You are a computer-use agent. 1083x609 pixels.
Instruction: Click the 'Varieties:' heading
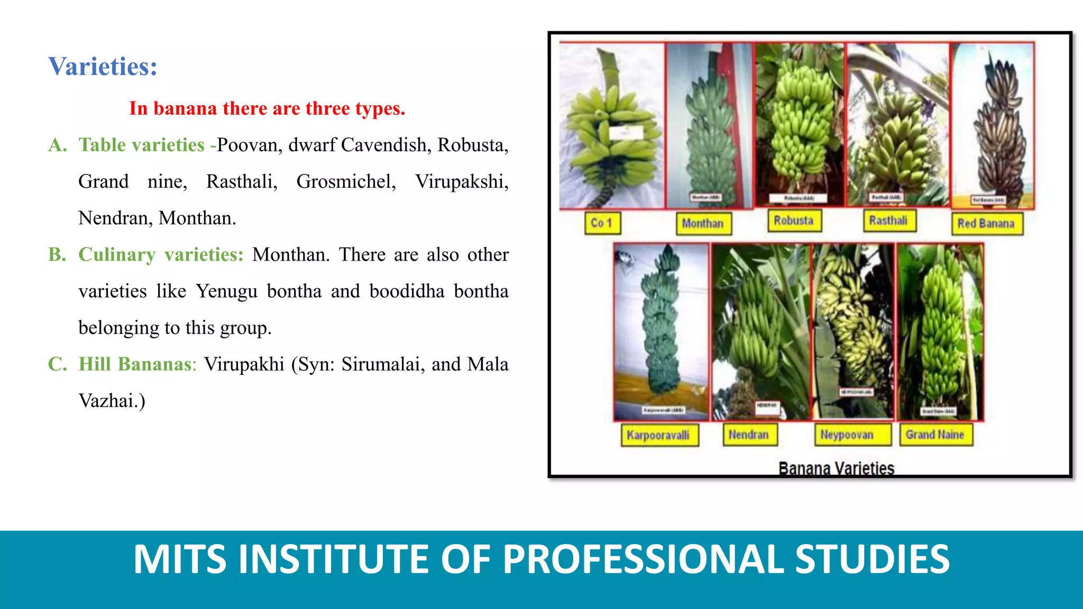[103, 67]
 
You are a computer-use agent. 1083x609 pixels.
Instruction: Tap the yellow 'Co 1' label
[602, 223]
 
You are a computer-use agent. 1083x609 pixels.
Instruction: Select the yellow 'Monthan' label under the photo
[703, 224]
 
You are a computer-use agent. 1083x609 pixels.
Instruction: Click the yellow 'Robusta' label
[794, 220]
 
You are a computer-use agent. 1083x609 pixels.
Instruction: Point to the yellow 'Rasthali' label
[888, 220]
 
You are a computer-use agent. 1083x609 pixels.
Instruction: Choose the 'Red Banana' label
[986, 224]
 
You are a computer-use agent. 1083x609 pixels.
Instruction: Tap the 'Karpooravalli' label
[658, 436]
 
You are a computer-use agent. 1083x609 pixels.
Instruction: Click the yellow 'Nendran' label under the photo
[749, 435]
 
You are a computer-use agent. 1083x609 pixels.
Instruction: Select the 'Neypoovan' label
[847, 435]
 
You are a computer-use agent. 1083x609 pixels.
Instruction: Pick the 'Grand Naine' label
[935, 435]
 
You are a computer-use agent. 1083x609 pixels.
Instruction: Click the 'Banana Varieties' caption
[836, 468]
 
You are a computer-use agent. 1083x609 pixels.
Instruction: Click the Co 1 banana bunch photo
[611, 127]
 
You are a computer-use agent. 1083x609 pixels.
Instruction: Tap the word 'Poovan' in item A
[248, 145]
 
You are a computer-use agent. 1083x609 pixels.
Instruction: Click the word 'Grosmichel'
[346, 182]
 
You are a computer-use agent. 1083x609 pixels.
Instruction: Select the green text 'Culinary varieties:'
[161, 255]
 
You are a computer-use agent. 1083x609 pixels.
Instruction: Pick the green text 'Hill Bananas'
[135, 364]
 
